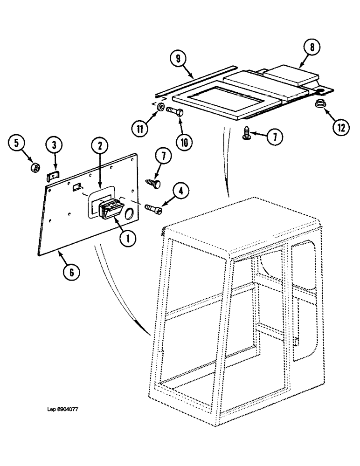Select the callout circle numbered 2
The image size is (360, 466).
[99, 146]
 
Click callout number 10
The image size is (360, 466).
[182, 142]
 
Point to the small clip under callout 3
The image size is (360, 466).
[54, 176]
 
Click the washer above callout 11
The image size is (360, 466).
[160, 108]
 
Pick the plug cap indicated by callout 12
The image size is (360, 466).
[318, 103]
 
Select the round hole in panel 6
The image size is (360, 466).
[129, 215]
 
